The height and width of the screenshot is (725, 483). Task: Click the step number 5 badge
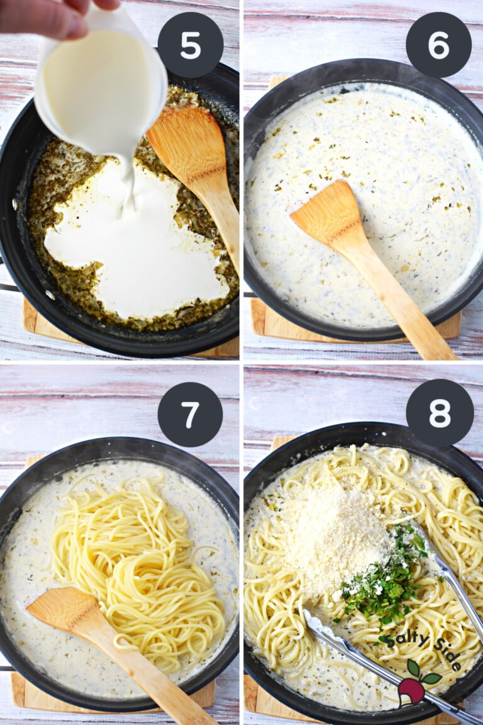point(190,45)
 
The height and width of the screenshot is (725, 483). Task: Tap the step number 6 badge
point(438,45)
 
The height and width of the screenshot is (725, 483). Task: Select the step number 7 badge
point(190,414)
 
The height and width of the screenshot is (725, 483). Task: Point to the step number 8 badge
point(439,413)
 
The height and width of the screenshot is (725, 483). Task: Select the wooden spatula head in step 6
point(327,213)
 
